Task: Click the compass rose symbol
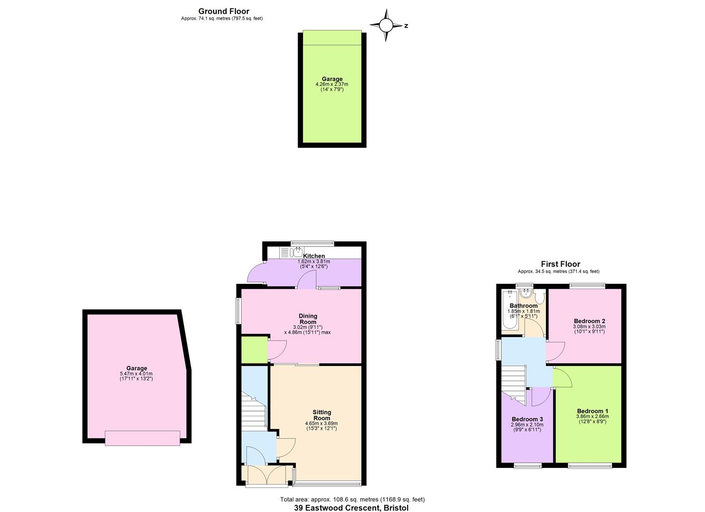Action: [x=386, y=26]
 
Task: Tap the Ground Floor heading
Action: [x=224, y=11]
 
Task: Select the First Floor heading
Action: [x=561, y=264]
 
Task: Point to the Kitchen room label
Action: [x=314, y=256]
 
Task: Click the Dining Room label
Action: [x=308, y=319]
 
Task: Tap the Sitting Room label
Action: [x=322, y=415]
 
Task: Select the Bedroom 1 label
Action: [x=592, y=411]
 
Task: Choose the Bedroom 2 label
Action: [x=590, y=321]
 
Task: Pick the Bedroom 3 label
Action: [x=527, y=419]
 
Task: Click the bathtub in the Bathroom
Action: [x=510, y=310]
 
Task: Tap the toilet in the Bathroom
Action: [x=541, y=297]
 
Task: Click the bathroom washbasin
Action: [x=526, y=293]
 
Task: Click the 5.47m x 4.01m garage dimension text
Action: [x=136, y=374]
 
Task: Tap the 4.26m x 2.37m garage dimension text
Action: [x=332, y=84]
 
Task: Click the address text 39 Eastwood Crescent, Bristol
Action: [x=351, y=508]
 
